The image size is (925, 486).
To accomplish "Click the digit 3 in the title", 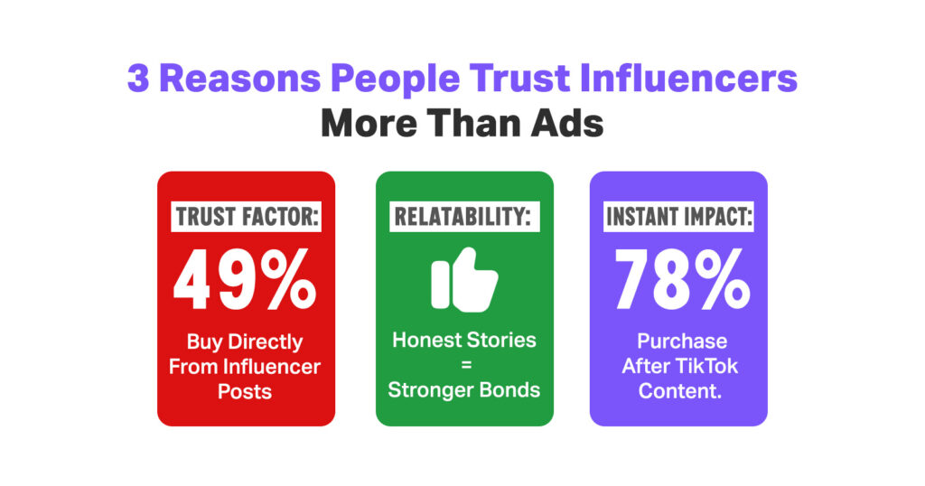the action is point(138,79).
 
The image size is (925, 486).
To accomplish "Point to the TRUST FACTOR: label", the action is point(246,217).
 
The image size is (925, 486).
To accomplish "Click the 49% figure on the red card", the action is point(245,279).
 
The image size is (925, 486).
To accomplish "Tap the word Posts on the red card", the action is point(245,392).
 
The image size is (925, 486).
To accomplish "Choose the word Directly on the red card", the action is point(265,342).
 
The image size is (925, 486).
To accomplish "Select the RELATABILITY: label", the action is point(464,217).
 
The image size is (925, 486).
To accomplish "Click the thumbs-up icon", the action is point(464,279).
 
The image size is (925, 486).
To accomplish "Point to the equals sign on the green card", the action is point(466,366).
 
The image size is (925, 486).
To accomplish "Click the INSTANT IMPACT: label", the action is point(679,217).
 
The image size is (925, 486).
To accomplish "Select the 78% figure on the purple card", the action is point(682,279).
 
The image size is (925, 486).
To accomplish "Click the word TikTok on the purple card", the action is point(706,366).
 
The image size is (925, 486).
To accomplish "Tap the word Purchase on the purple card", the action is point(682,341).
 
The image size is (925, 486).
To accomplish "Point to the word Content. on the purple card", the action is point(679,391).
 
